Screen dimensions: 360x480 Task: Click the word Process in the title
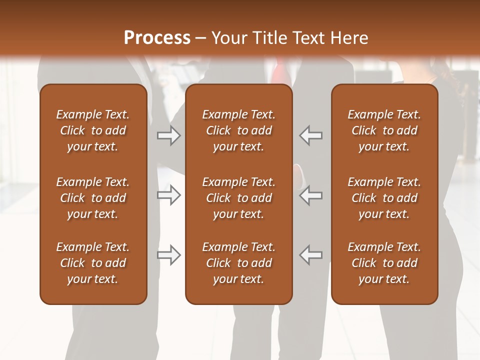157,37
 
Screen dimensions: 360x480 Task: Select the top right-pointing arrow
169,135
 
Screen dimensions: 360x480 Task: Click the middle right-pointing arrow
169,195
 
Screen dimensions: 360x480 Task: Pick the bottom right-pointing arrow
169,255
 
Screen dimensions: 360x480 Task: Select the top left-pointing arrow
311,135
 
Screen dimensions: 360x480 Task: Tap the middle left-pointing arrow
311,195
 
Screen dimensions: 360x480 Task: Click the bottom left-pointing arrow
311,255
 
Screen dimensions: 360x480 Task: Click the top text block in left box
93,130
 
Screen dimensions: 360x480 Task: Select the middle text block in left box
93,198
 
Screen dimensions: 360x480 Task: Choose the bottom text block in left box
93,263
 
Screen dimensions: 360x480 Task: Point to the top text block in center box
238,130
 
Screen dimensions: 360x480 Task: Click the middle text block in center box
238,198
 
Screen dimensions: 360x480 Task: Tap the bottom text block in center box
238,263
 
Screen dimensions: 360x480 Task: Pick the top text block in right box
384,130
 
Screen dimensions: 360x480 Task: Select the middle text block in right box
384,198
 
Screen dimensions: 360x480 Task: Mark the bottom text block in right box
384,263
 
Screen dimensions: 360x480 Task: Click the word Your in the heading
229,37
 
